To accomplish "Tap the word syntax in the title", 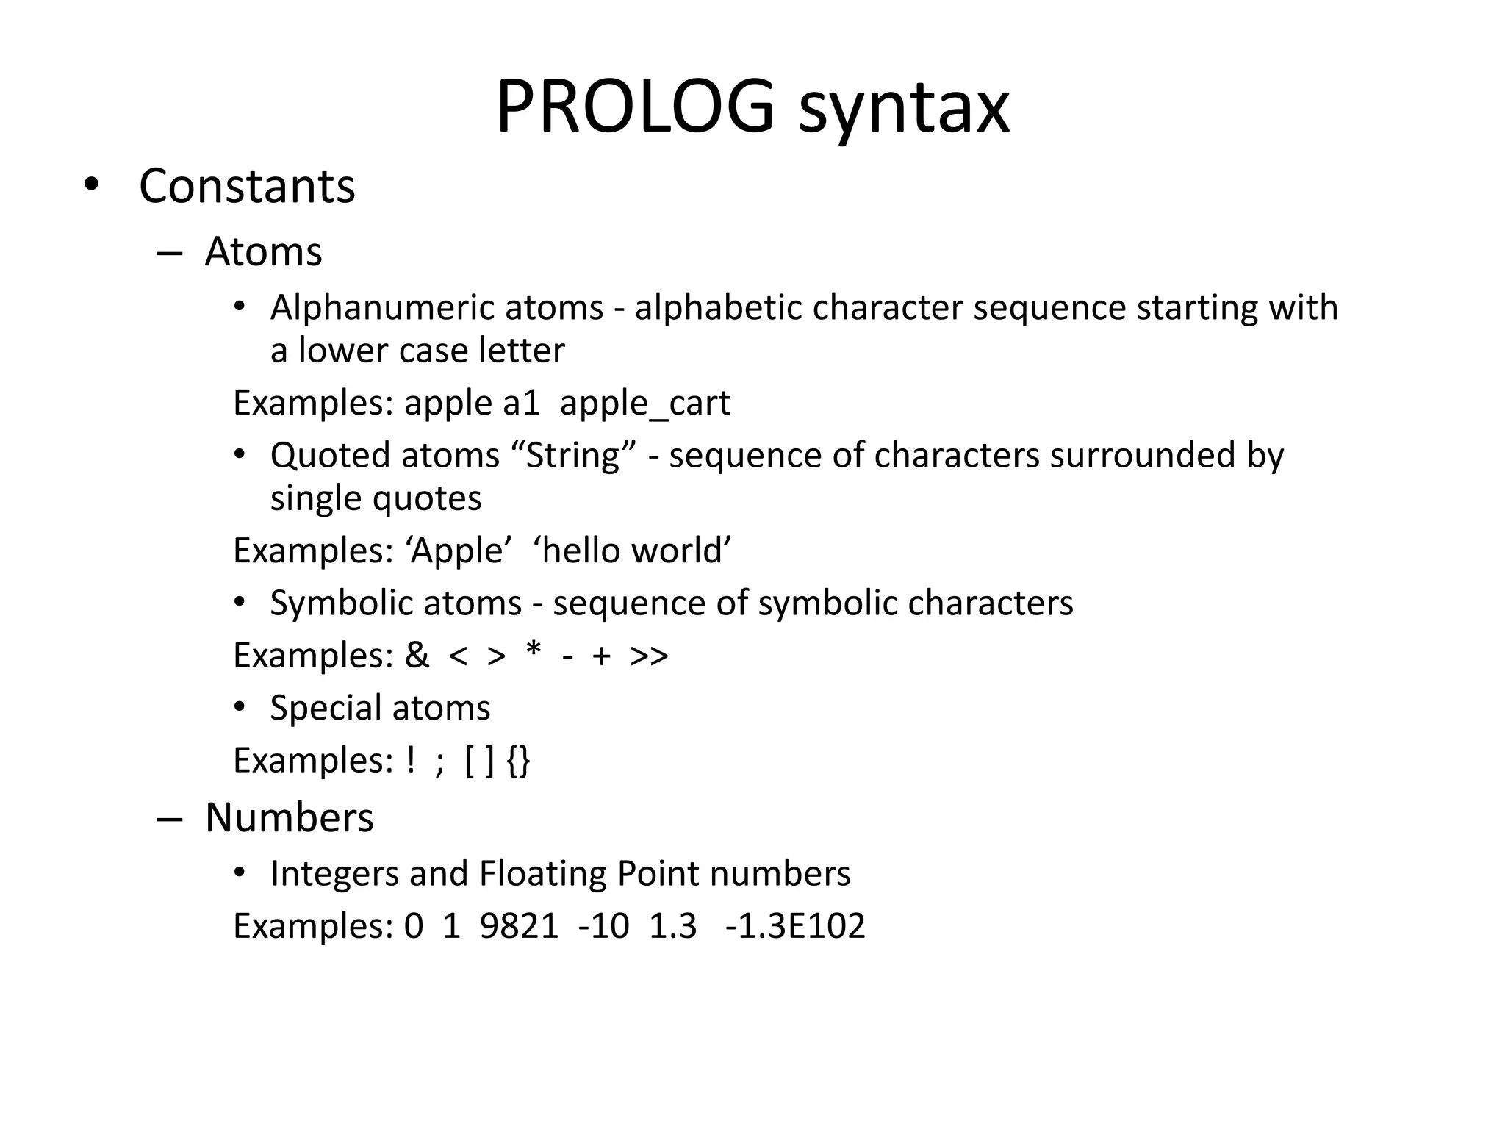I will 904,110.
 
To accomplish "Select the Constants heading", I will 247,186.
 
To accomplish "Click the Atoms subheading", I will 263,251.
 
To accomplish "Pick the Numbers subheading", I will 289,817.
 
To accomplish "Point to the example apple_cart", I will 644,404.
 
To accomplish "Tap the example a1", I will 521,403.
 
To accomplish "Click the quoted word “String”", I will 574,455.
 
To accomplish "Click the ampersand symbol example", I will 417,655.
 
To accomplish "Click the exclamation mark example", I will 410,760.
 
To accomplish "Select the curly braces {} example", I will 518,761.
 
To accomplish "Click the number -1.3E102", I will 794,925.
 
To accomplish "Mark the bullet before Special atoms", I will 239,707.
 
